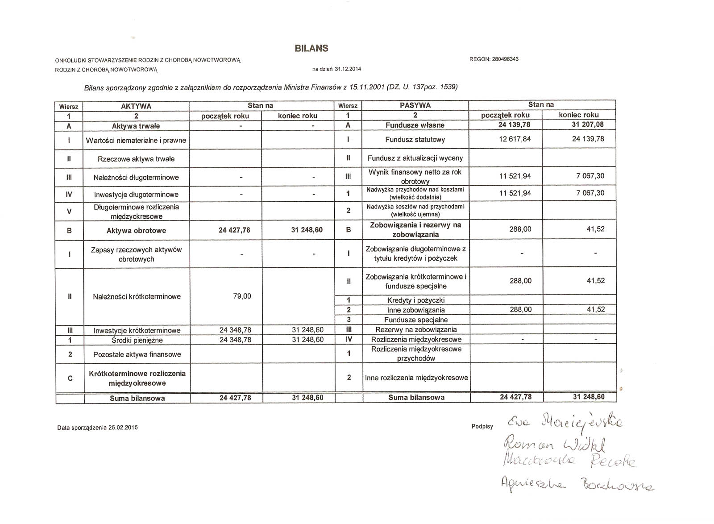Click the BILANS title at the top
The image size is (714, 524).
311,49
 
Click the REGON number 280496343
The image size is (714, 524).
494,59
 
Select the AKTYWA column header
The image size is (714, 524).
136,106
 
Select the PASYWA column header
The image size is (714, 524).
415,105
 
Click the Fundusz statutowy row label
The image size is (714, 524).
415,140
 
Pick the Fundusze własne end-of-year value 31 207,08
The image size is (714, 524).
588,125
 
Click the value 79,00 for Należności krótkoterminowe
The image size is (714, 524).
242,296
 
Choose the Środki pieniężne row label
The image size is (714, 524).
137,340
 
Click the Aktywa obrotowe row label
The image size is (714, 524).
136,231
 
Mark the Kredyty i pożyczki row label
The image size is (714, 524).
415,300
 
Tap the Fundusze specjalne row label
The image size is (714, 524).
415,320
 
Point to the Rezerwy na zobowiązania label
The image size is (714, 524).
415,329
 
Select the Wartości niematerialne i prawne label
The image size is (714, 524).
136,141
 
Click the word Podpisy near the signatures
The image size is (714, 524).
482,427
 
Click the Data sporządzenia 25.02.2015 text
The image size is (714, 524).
97,428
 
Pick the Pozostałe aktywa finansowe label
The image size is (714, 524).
137,354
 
